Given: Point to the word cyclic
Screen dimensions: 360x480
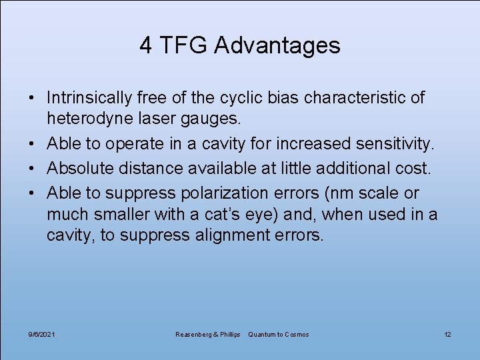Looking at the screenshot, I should (x=244, y=99).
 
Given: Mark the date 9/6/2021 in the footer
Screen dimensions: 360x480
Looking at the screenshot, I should (x=42, y=334).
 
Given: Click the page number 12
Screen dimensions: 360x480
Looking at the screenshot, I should (x=447, y=334).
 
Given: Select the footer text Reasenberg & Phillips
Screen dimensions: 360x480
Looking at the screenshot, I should (x=207, y=334).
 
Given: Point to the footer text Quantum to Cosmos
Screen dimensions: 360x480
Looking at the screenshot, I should (x=278, y=334).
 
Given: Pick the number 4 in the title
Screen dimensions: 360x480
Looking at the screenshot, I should (x=145, y=45).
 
